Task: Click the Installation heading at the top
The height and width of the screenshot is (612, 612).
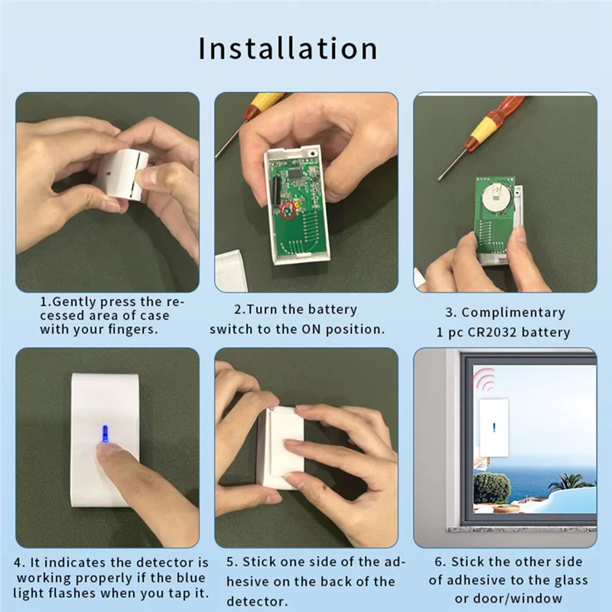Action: (x=288, y=47)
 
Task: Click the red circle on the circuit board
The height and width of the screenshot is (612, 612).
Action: (x=288, y=210)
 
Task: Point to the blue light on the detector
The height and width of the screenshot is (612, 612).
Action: (x=103, y=432)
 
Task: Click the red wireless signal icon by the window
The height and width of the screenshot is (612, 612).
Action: (x=483, y=379)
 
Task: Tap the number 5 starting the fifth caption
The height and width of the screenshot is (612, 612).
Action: (x=229, y=562)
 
